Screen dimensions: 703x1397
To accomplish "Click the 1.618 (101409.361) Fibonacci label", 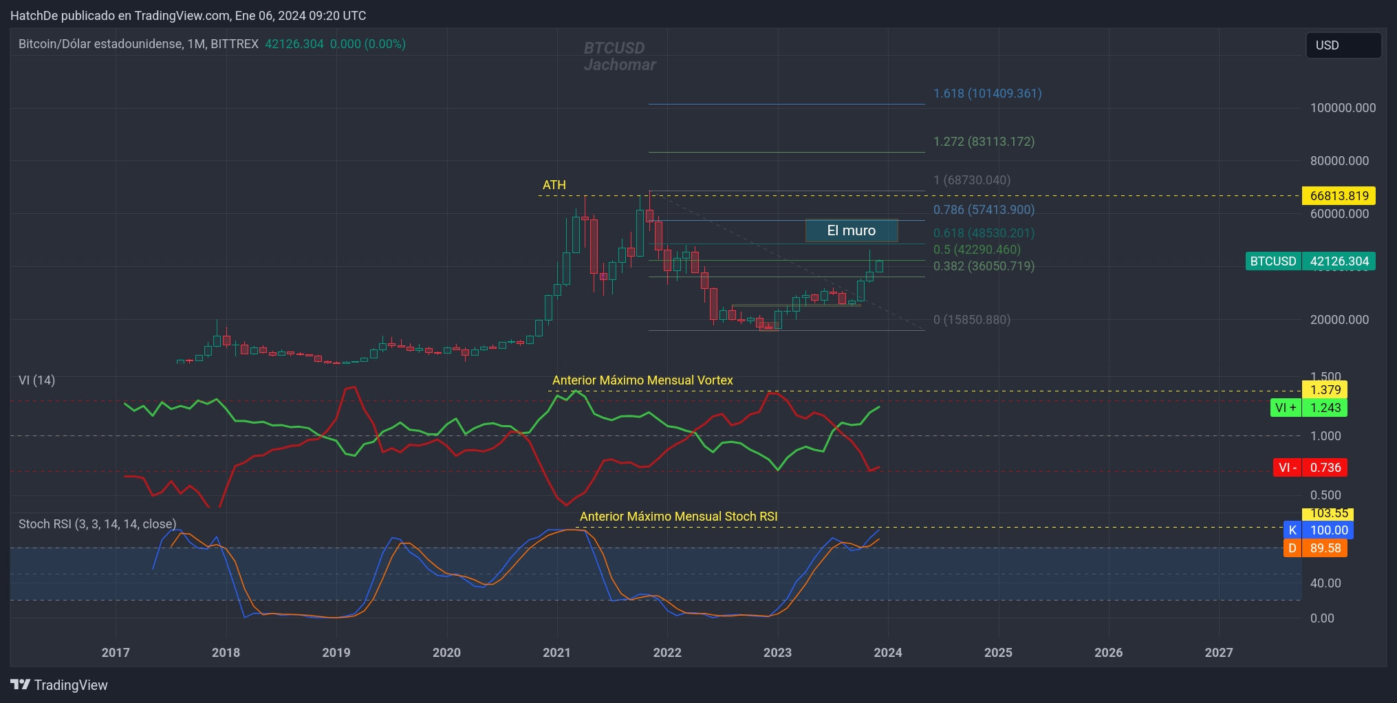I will click(x=987, y=94).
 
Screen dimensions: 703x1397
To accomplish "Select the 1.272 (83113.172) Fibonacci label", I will click(x=984, y=142).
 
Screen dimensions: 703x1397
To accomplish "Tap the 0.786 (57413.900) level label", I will click(x=984, y=210).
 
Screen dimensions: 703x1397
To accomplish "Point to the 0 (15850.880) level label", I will click(x=971, y=320).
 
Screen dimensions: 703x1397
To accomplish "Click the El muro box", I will click(x=852, y=231).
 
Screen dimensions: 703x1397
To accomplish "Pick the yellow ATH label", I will click(x=554, y=185).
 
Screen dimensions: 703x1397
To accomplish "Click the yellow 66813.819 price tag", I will click(x=1339, y=196).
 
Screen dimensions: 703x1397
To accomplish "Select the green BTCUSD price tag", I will click(x=1310, y=261).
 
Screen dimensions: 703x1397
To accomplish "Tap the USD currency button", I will click(x=1343, y=45).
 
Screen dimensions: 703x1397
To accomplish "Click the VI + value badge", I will click(x=1308, y=408).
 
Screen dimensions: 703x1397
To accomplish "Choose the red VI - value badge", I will click(x=1310, y=468).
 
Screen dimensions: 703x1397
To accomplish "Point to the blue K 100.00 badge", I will click(x=1318, y=530).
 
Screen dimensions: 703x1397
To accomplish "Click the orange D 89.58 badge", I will click(x=1314, y=548).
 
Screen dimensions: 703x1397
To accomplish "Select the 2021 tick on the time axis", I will click(x=556, y=653).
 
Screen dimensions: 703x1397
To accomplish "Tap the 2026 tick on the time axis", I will click(x=1108, y=653).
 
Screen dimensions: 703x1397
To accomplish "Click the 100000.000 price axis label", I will click(x=1343, y=108).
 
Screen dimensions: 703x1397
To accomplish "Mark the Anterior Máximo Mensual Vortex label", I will click(x=642, y=380).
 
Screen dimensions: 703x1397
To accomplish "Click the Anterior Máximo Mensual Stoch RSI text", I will click(x=678, y=517).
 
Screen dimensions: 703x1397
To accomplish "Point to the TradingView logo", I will click(x=59, y=685).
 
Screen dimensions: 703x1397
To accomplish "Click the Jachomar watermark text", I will click(x=620, y=65).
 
